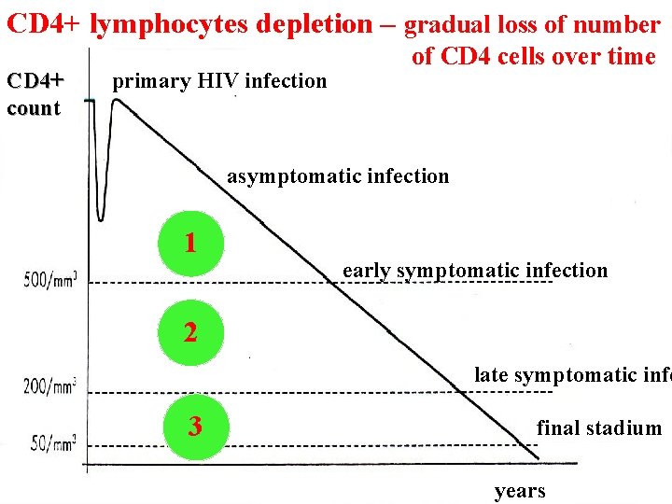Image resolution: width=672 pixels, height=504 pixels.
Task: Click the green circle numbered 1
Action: point(190,245)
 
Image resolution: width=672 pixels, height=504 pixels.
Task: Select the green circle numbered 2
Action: point(190,332)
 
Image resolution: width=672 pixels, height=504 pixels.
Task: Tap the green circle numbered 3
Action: point(194,427)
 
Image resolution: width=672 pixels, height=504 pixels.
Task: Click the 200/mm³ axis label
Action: point(51,385)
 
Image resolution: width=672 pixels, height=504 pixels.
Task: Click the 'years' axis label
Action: point(520,491)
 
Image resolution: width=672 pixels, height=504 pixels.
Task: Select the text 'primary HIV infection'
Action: point(219,81)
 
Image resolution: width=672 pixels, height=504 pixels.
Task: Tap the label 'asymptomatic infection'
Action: point(338,175)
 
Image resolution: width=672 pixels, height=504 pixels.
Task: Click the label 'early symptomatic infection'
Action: point(475,271)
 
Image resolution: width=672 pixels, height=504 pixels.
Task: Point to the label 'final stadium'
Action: point(598,428)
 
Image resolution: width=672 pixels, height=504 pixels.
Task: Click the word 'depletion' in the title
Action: point(316,24)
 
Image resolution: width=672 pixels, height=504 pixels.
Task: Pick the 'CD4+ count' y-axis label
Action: point(35,93)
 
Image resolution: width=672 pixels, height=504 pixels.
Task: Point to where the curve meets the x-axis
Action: point(538,457)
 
